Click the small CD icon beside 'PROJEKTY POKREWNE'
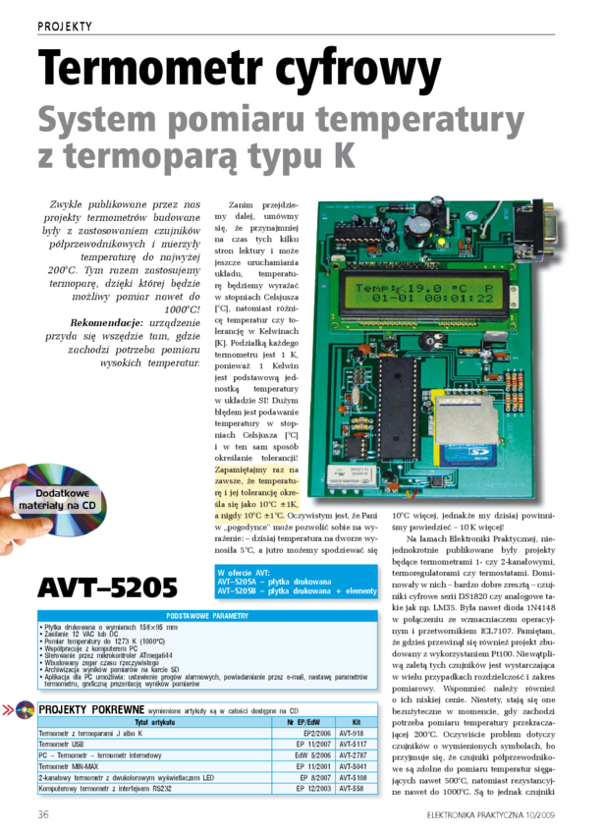tap(25, 709)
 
